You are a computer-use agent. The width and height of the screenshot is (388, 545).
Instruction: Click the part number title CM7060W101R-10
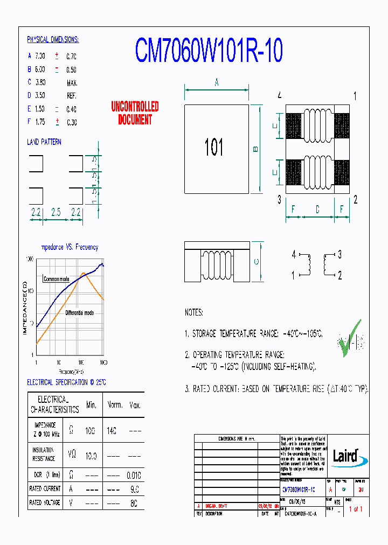click(208, 51)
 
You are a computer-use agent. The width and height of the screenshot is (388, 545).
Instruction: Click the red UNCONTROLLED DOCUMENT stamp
click(135, 113)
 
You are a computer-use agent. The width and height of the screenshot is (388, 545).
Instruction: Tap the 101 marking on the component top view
click(214, 147)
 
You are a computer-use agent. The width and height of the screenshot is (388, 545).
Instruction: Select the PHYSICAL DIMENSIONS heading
click(53, 40)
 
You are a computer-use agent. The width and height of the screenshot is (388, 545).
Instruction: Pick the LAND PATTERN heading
click(44, 142)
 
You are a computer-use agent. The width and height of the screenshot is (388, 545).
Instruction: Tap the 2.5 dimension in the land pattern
click(56, 213)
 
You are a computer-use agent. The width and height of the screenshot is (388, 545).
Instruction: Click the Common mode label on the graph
click(57, 279)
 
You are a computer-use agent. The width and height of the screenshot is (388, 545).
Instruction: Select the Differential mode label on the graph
click(80, 312)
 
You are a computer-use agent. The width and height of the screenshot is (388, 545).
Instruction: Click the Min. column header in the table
click(91, 404)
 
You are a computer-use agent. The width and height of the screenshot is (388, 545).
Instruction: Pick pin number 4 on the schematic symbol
click(294, 254)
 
